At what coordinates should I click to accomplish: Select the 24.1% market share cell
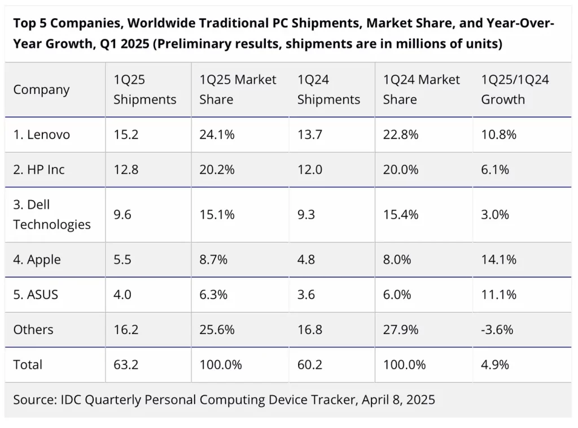click(217, 135)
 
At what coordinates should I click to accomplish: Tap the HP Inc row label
click(39, 170)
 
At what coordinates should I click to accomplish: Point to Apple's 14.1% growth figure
click(498, 260)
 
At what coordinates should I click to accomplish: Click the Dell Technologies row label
click(52, 214)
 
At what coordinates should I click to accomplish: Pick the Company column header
click(42, 90)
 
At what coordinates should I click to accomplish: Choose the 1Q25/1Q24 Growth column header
click(515, 90)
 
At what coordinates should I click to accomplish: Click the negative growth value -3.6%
click(497, 330)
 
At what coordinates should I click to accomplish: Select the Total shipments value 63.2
click(125, 365)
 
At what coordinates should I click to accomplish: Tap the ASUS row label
click(36, 295)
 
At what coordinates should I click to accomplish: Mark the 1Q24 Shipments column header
click(329, 90)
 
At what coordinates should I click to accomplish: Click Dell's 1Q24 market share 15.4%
click(400, 214)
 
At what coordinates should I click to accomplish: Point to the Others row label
click(33, 330)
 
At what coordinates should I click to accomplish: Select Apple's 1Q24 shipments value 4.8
click(306, 260)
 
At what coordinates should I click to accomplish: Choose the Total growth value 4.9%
click(495, 365)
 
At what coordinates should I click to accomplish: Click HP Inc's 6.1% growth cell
click(495, 170)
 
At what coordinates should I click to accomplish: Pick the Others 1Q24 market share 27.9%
click(400, 330)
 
